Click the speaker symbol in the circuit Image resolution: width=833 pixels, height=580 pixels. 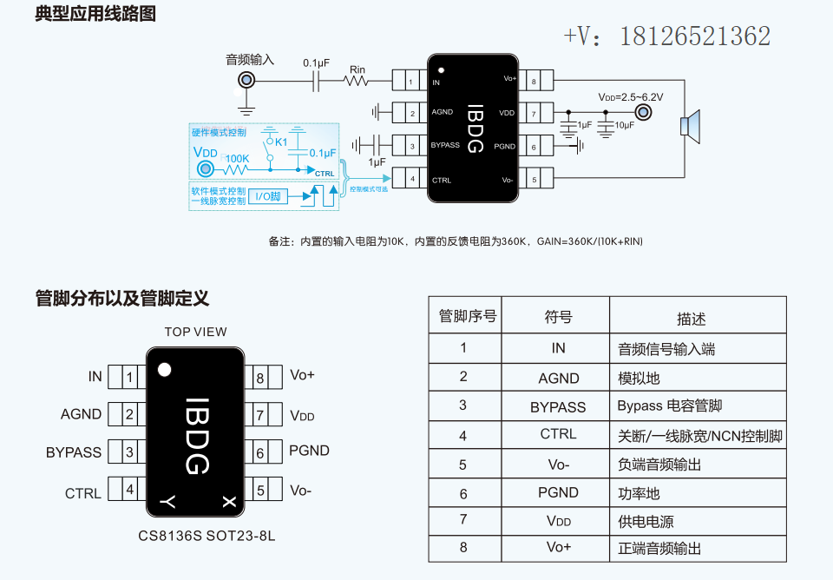pos(690,126)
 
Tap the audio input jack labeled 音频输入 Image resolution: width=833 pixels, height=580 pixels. pos(247,81)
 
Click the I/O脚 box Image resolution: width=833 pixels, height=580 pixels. pos(267,197)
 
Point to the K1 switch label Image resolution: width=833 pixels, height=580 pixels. pos(281,142)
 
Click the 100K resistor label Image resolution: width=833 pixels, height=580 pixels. pos(237,159)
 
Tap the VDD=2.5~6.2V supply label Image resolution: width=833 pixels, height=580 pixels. pos(630,97)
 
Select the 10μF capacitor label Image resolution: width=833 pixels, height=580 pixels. pos(624,125)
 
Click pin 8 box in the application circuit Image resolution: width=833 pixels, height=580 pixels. pos(535,82)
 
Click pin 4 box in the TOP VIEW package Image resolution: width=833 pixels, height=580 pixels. pos(129,490)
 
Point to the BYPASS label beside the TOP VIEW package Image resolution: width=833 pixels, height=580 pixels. pos(74,452)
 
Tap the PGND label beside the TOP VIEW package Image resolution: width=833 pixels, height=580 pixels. pos(309,451)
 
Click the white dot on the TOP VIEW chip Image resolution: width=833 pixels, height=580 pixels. pos(164,370)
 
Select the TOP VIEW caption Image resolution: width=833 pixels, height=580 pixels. pos(195,332)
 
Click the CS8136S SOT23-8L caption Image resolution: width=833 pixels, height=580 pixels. pos(207,536)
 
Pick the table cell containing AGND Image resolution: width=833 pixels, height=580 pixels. pos(558,378)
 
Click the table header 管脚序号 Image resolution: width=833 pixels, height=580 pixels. pos(468,316)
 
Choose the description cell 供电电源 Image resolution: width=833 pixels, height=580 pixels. pos(646,521)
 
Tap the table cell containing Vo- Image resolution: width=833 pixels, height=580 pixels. pos(558,464)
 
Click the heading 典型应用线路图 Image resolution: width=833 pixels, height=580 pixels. pos(95,15)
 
